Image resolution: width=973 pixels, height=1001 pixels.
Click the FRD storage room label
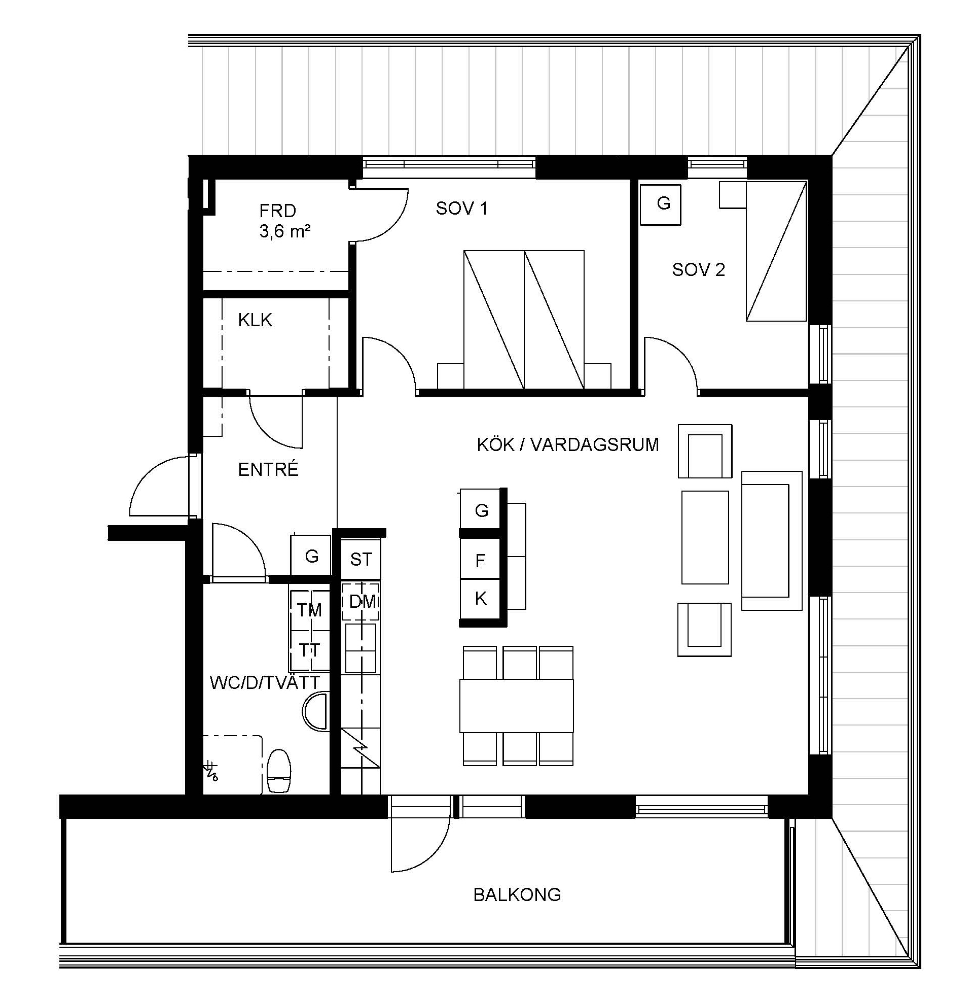[277, 211]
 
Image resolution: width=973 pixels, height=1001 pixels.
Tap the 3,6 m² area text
[284, 231]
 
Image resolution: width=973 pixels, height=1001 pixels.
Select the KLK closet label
[255, 320]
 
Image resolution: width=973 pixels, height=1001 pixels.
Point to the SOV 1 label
[461, 208]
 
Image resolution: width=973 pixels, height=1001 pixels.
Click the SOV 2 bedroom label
[698, 269]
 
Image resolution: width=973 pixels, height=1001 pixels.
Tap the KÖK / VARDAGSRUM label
[568, 444]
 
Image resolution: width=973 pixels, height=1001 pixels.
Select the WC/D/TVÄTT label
[265, 682]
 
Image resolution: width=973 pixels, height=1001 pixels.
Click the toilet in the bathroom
[279, 771]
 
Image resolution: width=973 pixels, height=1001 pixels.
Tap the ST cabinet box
[361, 559]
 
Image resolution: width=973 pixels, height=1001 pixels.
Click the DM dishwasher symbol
[362, 602]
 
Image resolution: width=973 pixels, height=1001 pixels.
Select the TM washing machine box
[310, 609]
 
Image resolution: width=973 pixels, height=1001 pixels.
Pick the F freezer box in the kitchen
[480, 560]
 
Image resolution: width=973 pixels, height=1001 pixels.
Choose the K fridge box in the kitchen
[480, 599]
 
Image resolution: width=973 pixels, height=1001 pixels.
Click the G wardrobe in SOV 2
[660, 204]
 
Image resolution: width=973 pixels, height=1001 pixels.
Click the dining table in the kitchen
[516, 706]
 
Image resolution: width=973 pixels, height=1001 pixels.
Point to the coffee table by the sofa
[705, 537]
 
